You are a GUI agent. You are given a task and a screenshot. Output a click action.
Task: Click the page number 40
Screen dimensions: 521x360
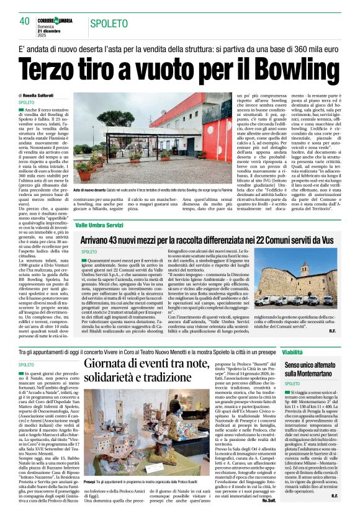coord(25,22)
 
